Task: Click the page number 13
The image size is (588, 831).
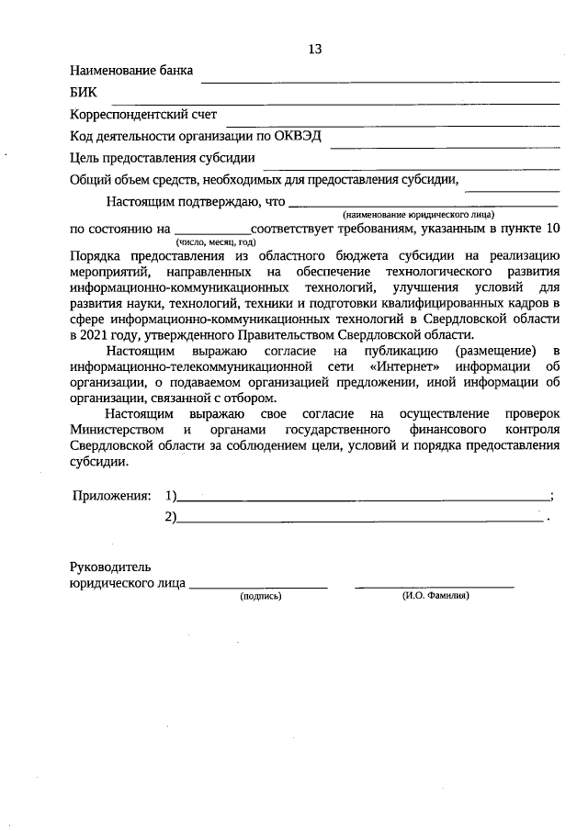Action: coord(315,49)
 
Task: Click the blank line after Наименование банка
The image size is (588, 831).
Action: coord(379,81)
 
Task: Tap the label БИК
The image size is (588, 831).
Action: coord(83,93)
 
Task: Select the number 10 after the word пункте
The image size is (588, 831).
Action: coord(552,228)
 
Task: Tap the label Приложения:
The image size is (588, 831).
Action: coord(111,496)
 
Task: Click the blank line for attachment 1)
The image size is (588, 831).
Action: coord(363,500)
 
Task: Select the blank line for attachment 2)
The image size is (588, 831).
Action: coord(359,520)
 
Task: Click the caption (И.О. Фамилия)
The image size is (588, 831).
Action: coord(435,597)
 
